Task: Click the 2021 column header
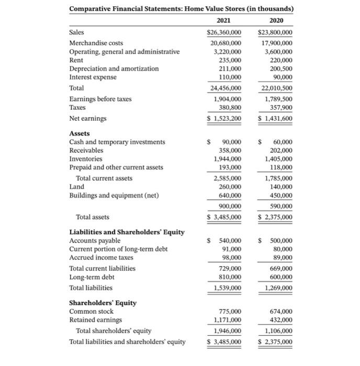pos(224,20)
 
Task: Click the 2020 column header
pos(276,20)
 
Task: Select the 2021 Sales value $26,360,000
pos(224,32)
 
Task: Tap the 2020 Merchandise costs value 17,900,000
pos(276,43)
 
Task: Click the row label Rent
pos(76,60)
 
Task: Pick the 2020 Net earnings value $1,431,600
pos(275,119)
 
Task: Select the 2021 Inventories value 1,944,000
pos(227,158)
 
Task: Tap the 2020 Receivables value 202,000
pos(279,150)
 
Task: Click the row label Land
pos(76,187)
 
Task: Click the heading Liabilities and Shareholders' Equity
pos(127,232)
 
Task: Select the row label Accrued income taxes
pos(101,257)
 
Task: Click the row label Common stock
pos(91,311)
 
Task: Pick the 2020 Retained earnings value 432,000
pos(279,319)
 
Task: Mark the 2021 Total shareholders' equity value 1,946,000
pos(227,331)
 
